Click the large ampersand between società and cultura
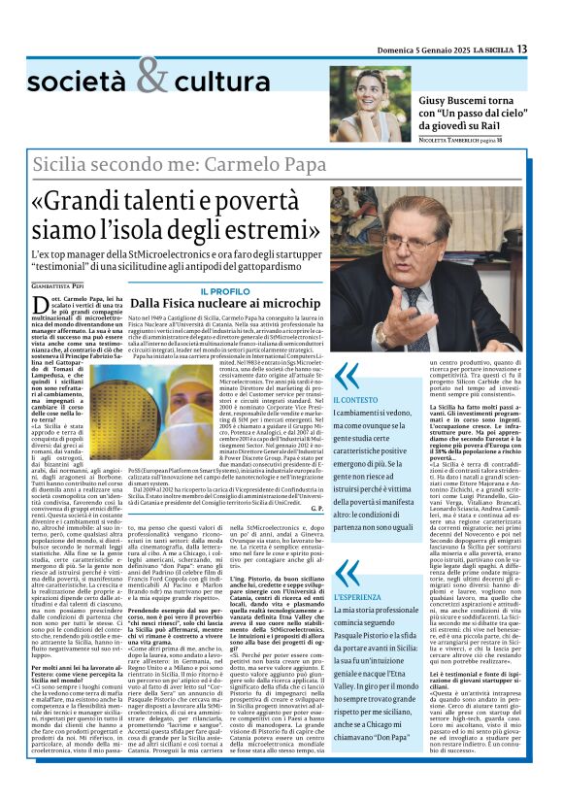pos(151,75)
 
